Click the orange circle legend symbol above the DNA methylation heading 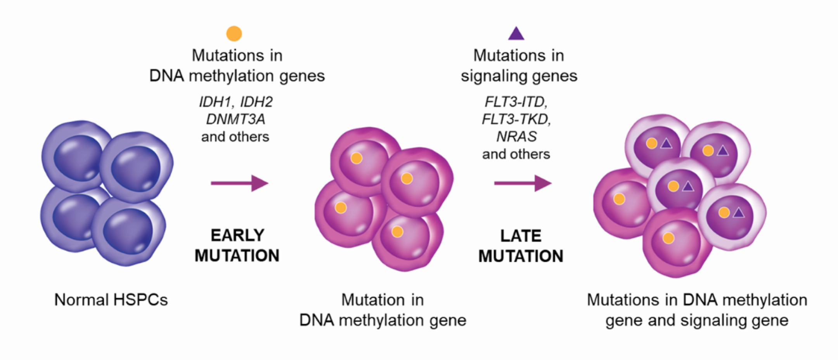pyautogui.click(x=234, y=34)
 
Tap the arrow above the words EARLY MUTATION pyautogui.click(x=239, y=183)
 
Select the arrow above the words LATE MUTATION pyautogui.click(x=523, y=183)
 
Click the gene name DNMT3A pyautogui.click(x=235, y=119)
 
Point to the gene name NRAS pyautogui.click(x=516, y=137)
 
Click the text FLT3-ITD pyautogui.click(x=516, y=102)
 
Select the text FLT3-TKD pyautogui.click(x=516, y=119)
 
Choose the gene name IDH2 pyautogui.click(x=256, y=102)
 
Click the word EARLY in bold pyautogui.click(x=237, y=235)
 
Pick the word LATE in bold pyautogui.click(x=521, y=236)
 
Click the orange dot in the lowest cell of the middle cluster pyautogui.click(x=397, y=232)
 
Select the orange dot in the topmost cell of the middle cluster pyautogui.click(x=356, y=158)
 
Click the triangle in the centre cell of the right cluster pyautogui.click(x=688, y=187)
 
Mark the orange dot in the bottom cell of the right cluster pyautogui.click(x=668, y=238)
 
